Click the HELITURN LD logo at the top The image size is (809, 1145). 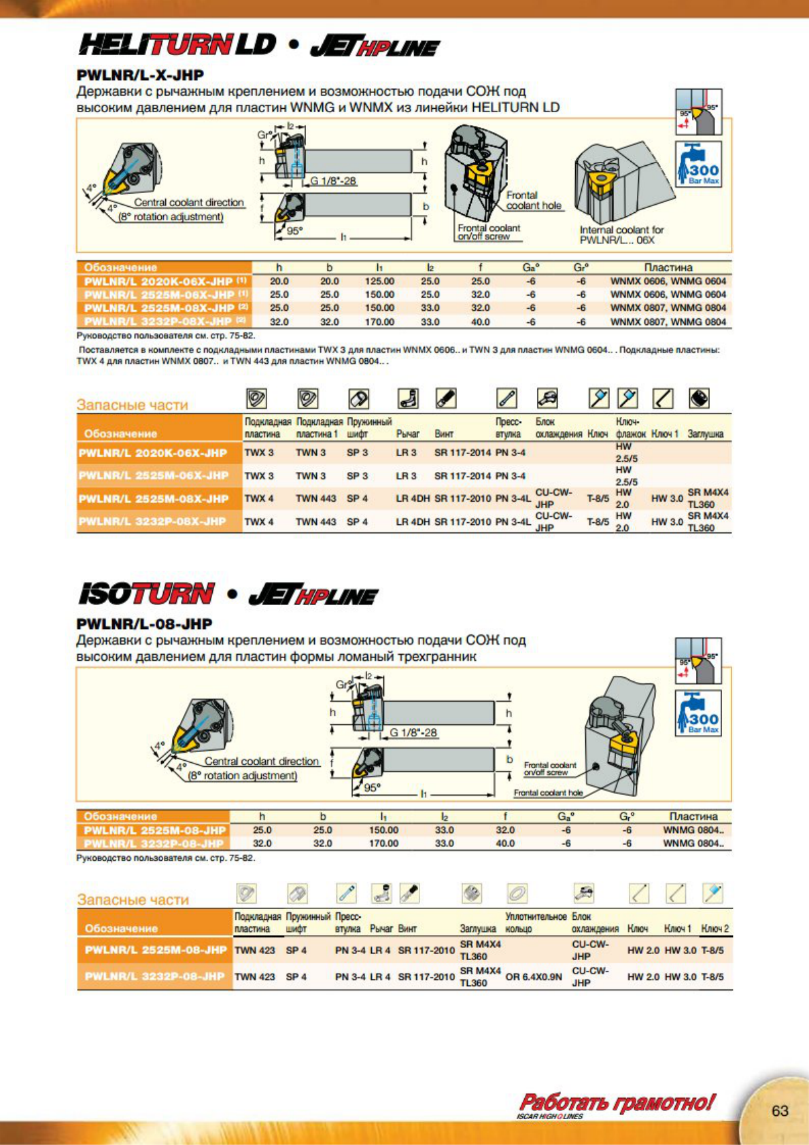point(177,45)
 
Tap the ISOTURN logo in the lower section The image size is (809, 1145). point(146,594)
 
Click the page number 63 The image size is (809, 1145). point(780,1110)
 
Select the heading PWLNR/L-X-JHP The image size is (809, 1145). point(140,75)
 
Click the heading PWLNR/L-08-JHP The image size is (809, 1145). point(144,623)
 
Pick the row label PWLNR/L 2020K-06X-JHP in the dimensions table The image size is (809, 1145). point(163,281)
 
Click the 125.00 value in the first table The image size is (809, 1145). point(379,281)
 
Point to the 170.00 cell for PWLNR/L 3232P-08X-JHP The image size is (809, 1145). point(379,322)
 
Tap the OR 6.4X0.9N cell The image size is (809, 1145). point(534,977)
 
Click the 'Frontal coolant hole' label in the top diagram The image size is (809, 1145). point(534,201)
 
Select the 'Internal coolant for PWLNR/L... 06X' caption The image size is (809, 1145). point(621,235)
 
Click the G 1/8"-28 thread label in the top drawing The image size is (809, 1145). point(333,181)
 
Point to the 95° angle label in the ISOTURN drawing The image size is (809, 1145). point(371,787)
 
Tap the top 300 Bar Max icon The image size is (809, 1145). point(698,164)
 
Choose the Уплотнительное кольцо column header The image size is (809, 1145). point(536,923)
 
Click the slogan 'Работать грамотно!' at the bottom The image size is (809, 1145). point(617,1101)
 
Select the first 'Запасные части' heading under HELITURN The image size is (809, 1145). point(132,405)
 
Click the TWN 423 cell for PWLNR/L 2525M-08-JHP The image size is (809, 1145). point(255,950)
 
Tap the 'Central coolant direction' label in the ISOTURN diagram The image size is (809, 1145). point(261,762)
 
